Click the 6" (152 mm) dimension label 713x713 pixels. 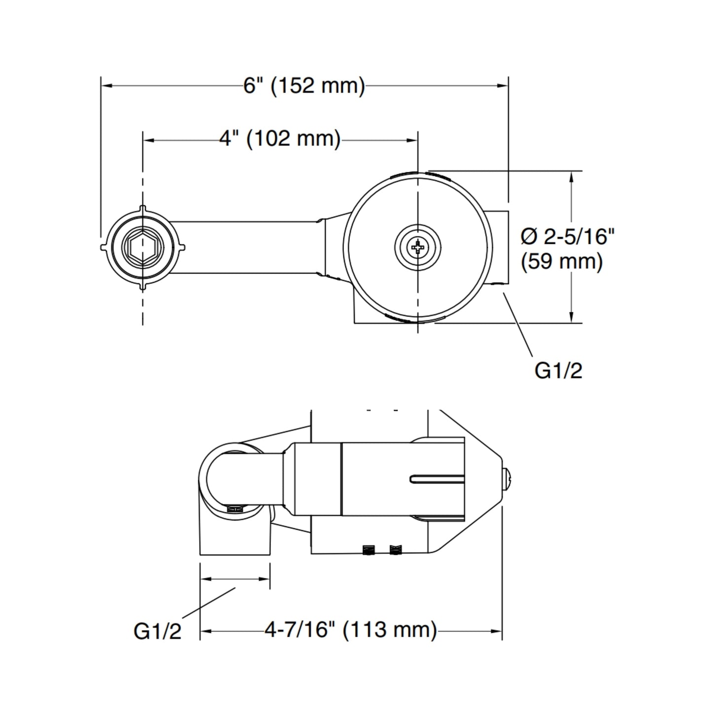304,86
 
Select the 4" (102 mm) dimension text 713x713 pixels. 280,140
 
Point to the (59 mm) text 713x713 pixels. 562,262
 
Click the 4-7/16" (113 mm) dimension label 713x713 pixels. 351,630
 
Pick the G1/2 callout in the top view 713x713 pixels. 559,371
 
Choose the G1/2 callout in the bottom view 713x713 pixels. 157,632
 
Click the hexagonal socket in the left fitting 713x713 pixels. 143,248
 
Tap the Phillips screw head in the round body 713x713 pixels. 418,247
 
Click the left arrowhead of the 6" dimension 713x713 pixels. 107,86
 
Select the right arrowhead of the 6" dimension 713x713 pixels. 502,86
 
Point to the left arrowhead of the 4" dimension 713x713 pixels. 149,140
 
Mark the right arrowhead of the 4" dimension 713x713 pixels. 412,140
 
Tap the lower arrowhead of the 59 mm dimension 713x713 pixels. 572,317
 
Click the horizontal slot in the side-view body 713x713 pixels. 437,479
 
